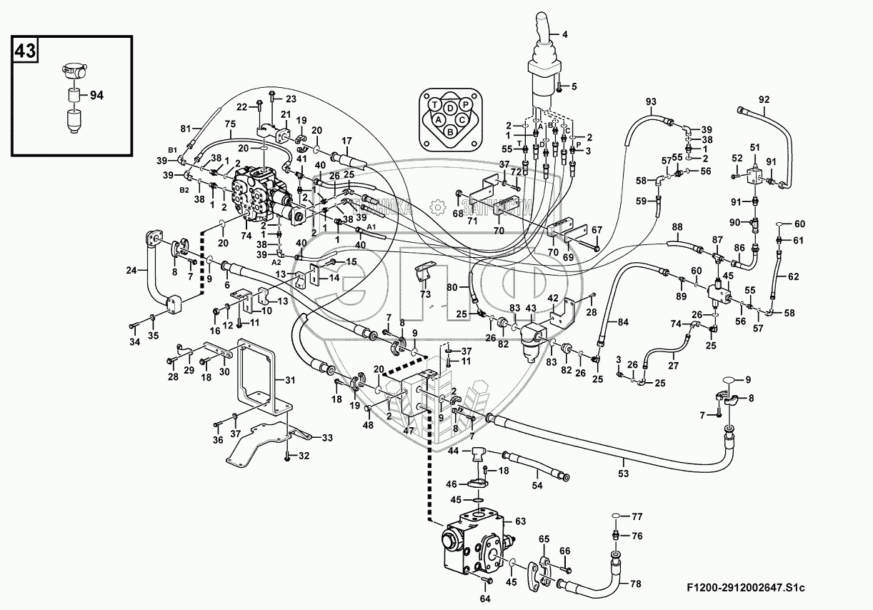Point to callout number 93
[x=651, y=101]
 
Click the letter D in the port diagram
[x=450, y=108]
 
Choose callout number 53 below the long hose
[x=623, y=474]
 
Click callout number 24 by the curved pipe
[x=131, y=270]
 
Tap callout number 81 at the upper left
[x=186, y=129]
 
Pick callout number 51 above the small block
[x=754, y=146]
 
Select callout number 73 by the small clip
[x=424, y=294]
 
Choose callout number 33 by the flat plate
[x=327, y=437]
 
